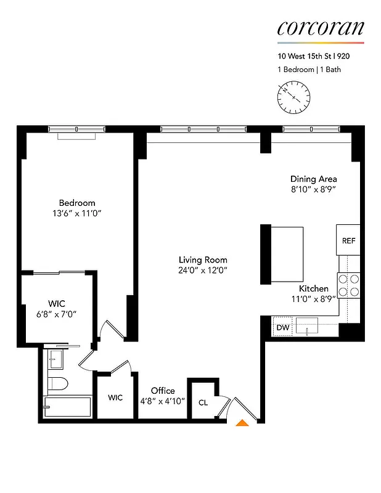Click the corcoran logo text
tap(320, 28)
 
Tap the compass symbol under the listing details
tap(294, 97)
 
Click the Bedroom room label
tap(77, 203)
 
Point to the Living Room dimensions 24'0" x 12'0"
tap(203, 270)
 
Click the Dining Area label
tap(314, 179)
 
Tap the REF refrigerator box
tap(348, 241)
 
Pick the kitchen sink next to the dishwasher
tap(306, 325)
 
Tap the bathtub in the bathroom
tap(67, 407)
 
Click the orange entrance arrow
tap(243, 423)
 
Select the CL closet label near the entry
tap(203, 402)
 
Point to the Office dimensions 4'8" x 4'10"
tap(163, 401)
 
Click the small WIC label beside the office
tap(115, 397)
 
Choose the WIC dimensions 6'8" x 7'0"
tap(57, 314)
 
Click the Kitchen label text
tap(314, 288)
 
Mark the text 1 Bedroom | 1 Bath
tap(309, 70)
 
